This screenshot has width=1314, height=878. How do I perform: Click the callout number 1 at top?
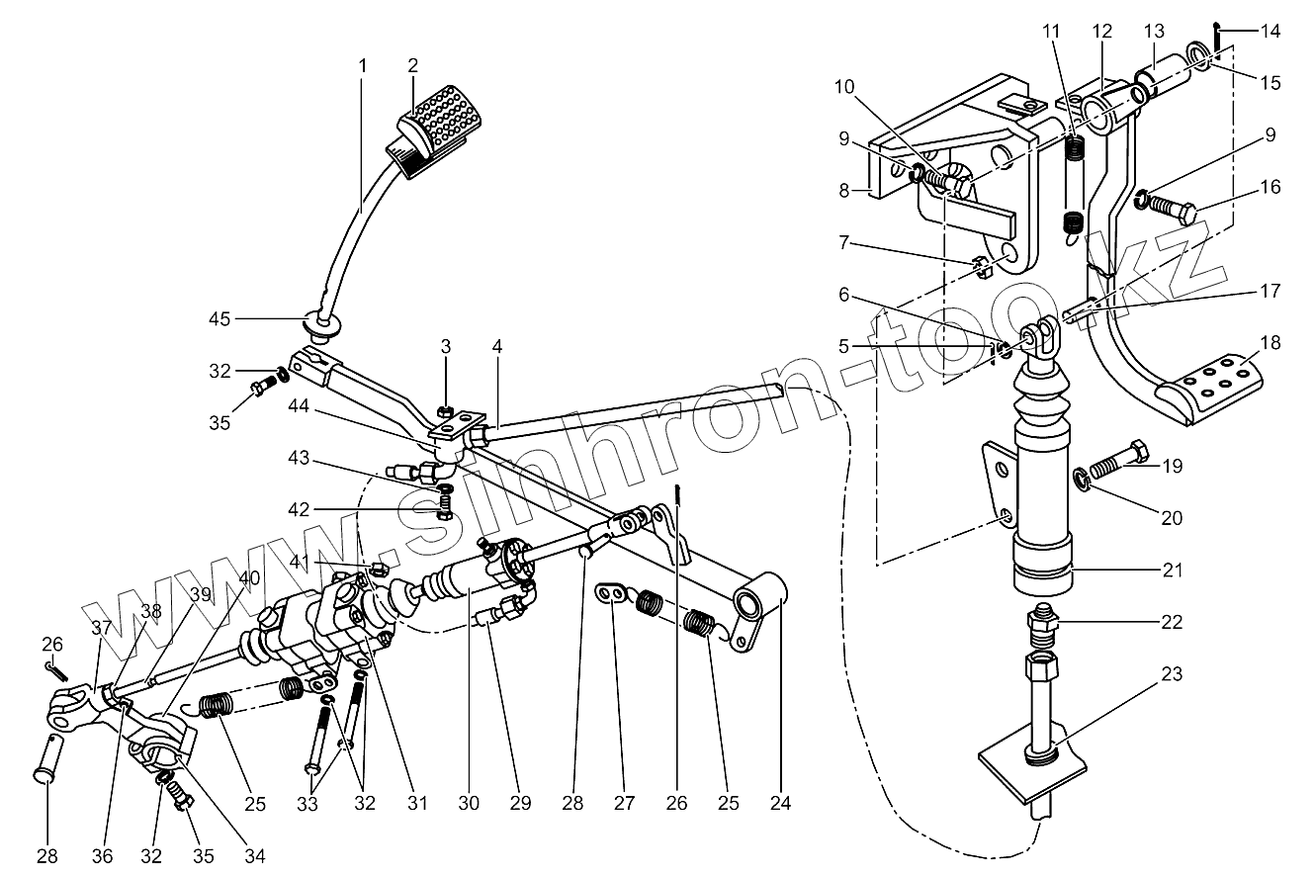[363, 65]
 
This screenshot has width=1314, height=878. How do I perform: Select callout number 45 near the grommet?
[219, 318]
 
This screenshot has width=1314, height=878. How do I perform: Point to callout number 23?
[1171, 674]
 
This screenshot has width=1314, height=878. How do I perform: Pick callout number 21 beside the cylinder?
[1172, 571]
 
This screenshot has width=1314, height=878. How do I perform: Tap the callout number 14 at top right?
[1269, 32]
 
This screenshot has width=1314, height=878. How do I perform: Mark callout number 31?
[417, 803]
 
